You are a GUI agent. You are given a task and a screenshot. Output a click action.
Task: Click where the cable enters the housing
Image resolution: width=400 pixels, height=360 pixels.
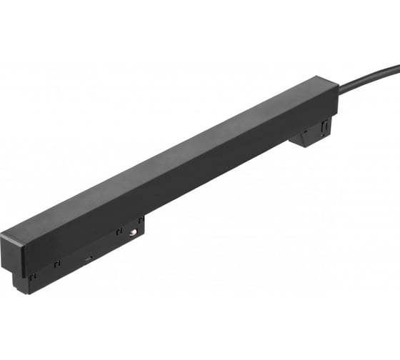339,91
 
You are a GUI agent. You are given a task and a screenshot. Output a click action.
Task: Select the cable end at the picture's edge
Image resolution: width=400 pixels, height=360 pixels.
397,67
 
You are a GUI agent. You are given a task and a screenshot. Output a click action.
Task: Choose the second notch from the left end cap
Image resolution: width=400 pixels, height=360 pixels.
57,264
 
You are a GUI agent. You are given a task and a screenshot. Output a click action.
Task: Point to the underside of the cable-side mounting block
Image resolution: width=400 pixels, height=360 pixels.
307,143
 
